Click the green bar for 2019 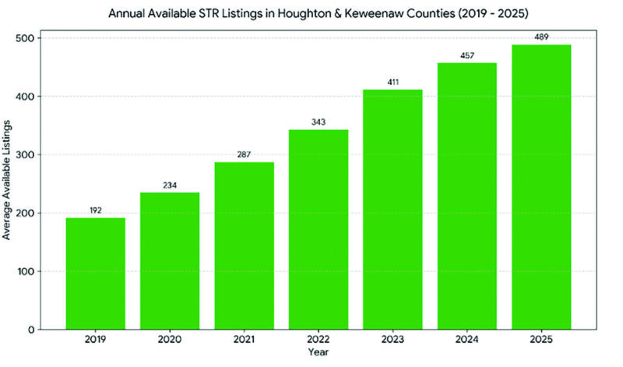[95, 273]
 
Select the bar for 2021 [244, 245]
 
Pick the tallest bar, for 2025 [541, 187]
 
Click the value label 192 [95, 210]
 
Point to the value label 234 [170, 185]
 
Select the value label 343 [319, 122]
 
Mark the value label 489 [541, 37]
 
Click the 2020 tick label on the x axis [170, 341]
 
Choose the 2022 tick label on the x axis [319, 341]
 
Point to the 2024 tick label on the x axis [467, 341]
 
